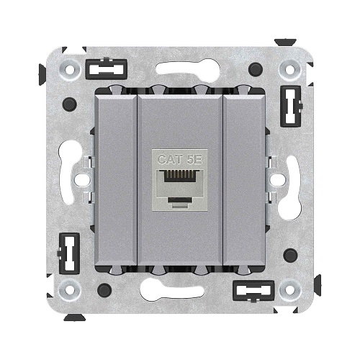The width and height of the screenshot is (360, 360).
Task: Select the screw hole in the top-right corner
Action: (x=290, y=70)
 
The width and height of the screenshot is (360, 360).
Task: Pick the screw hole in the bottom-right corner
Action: (x=290, y=290)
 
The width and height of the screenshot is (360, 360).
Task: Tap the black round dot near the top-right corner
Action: (x=254, y=70)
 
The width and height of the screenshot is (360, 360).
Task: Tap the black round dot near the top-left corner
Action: (x=69, y=104)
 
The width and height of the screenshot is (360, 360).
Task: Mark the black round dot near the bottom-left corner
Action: (x=104, y=290)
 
